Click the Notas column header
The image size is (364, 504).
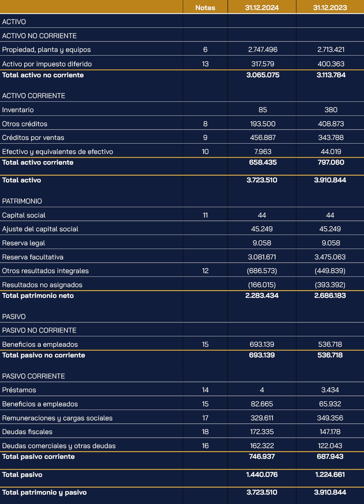click(205, 8)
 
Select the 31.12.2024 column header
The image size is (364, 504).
click(262, 8)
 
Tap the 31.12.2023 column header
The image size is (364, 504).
click(330, 8)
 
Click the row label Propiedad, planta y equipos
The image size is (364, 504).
click(47, 50)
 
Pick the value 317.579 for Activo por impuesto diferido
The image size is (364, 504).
click(263, 64)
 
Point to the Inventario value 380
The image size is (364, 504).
click(331, 110)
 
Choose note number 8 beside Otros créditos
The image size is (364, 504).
click(205, 124)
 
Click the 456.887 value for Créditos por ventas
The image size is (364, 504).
click(263, 138)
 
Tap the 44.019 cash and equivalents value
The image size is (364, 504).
click(331, 152)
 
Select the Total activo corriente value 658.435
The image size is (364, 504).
click(263, 162)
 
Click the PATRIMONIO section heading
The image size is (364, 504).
click(22, 201)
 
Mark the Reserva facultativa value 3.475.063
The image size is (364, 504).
click(330, 257)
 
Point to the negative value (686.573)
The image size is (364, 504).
click(262, 271)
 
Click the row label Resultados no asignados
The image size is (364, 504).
click(42, 285)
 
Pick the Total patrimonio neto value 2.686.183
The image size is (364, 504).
click(330, 296)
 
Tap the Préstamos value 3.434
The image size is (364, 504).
click(330, 390)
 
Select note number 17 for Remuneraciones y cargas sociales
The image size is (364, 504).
click(205, 418)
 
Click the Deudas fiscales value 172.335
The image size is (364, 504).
click(262, 432)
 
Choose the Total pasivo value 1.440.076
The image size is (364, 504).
click(262, 475)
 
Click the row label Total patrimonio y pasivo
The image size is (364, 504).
click(44, 493)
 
